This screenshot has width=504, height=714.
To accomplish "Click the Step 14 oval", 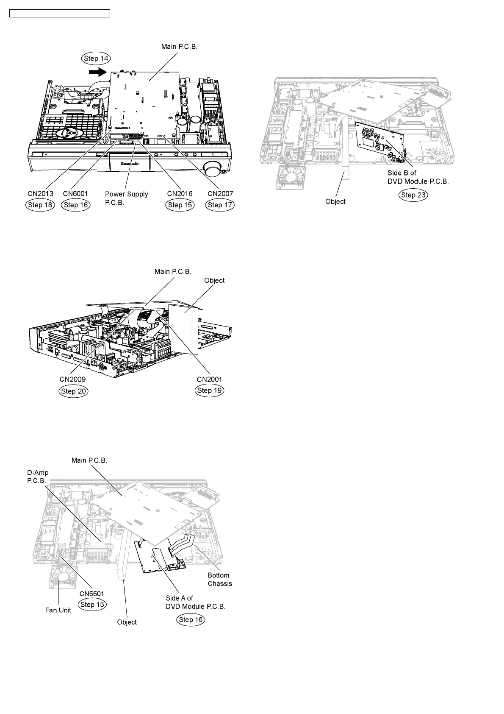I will pyautogui.click(x=96, y=59).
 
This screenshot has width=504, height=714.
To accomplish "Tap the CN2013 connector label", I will pyautogui.click(x=41, y=194).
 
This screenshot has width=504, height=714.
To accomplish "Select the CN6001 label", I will pyautogui.click(x=75, y=194).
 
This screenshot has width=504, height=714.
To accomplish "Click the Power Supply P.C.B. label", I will pyautogui.click(x=126, y=198).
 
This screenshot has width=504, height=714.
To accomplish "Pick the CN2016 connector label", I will pyautogui.click(x=180, y=194).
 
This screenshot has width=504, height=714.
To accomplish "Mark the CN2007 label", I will pyautogui.click(x=220, y=194).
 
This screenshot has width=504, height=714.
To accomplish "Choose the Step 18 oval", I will pyautogui.click(x=40, y=205).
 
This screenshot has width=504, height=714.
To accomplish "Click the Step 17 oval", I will pyautogui.click(x=220, y=205).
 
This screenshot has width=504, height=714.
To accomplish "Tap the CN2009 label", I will pyautogui.click(x=72, y=379).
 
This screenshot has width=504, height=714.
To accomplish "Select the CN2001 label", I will pyautogui.click(x=209, y=379).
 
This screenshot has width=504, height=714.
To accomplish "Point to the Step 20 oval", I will pyautogui.click(x=74, y=391).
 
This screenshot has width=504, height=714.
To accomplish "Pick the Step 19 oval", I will pyautogui.click(x=210, y=390).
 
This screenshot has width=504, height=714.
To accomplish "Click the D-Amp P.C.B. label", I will pyautogui.click(x=38, y=477).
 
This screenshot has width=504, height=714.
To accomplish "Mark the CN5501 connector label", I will pyautogui.click(x=92, y=594).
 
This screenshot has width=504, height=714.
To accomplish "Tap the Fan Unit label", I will pyautogui.click(x=58, y=610).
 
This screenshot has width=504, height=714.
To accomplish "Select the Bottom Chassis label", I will pyautogui.click(x=220, y=580).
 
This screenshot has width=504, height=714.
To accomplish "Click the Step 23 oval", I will pyautogui.click(x=413, y=195).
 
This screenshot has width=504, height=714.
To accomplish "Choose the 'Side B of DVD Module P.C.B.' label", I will pyautogui.click(x=418, y=177).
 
